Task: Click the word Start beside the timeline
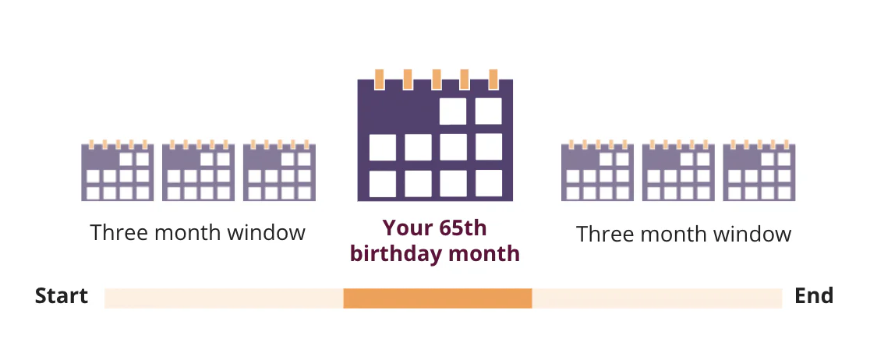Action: [x=62, y=295]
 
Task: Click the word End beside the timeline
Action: [x=813, y=295]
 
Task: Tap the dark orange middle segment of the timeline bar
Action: [x=438, y=298]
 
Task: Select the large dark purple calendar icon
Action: [x=435, y=136]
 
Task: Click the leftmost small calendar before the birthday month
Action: [x=118, y=171]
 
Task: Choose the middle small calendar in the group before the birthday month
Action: [x=198, y=171]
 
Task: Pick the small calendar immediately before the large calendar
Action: [x=279, y=171]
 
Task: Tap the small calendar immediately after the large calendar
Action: [x=598, y=171]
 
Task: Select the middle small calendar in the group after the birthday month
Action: [x=678, y=171]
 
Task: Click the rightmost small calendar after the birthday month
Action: [x=759, y=171]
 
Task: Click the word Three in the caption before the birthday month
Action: [x=119, y=232]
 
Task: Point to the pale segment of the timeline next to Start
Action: [x=225, y=298]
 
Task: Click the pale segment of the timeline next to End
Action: [x=657, y=298]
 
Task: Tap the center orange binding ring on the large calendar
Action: [x=436, y=79]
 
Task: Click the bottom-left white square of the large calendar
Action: [x=383, y=184]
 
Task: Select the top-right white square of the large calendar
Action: [x=488, y=111]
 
